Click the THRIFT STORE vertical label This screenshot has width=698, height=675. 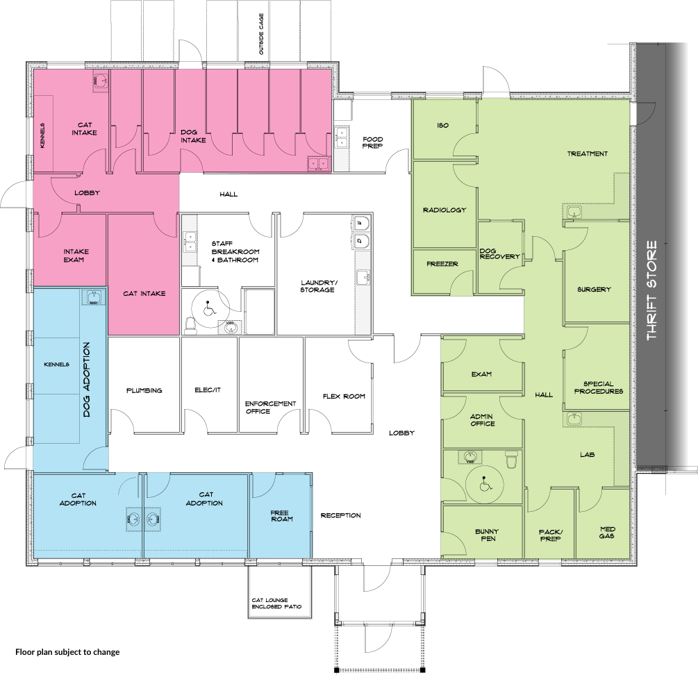[651, 290]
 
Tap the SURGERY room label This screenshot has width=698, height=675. [594, 289]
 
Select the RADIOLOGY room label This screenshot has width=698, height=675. [444, 210]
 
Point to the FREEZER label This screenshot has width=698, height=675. [442, 264]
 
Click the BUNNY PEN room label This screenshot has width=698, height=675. [487, 535]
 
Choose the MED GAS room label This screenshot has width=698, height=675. [607, 533]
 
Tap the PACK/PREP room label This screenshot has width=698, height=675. [551, 535]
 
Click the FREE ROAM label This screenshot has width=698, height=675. [282, 516]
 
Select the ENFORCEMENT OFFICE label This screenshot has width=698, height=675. [270, 407]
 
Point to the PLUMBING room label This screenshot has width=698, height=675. [144, 390]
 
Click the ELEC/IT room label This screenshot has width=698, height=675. [208, 390]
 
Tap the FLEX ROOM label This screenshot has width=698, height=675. [344, 396]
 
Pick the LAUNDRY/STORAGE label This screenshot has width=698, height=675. [318, 286]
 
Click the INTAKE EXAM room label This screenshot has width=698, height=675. [76, 256]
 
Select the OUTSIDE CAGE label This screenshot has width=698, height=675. [261, 34]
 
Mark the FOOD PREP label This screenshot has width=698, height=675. [372, 142]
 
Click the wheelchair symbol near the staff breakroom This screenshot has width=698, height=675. [207, 308]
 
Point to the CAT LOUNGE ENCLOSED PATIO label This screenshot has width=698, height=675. [276, 603]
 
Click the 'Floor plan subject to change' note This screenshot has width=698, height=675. [67, 652]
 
